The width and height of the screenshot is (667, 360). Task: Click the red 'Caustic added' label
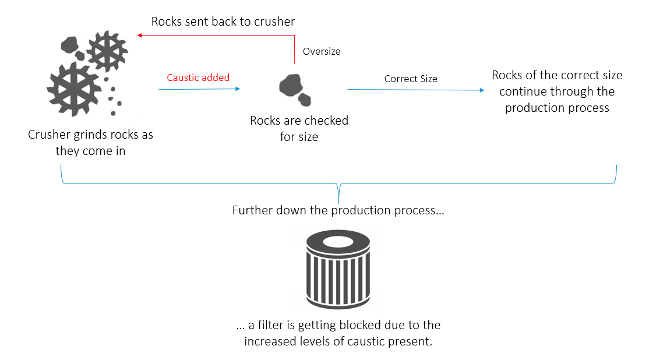click(198, 77)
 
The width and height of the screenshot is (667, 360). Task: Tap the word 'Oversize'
click(322, 51)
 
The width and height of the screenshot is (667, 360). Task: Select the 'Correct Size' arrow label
click(411, 79)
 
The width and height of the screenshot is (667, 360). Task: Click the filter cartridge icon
click(338, 271)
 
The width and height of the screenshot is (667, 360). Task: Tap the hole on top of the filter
click(338, 241)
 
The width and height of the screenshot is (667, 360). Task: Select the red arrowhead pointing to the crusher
click(140, 36)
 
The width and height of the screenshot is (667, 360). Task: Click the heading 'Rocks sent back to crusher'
click(223, 22)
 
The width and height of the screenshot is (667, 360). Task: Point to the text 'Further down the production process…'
click(338, 210)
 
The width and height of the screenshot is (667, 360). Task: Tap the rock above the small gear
click(70, 44)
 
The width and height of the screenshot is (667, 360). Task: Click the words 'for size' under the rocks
click(299, 137)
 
